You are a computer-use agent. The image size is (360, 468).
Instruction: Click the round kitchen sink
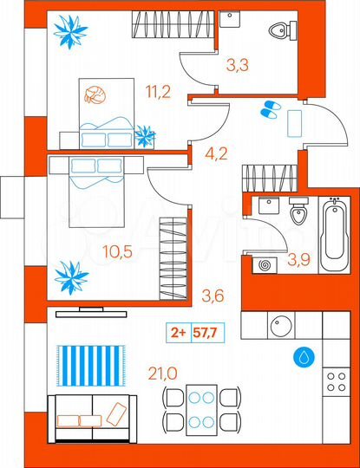283,326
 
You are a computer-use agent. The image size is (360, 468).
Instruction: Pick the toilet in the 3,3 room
278,33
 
